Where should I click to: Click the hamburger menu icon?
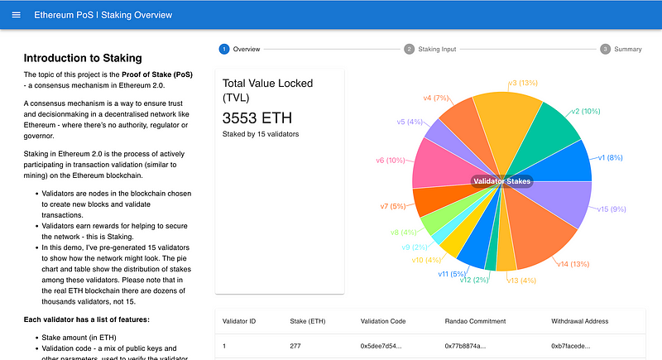pos(17,15)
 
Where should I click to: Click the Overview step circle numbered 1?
pos(224,49)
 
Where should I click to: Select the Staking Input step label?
pos(436,49)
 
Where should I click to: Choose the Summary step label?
pos(627,49)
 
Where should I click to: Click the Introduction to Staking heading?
pos(83,58)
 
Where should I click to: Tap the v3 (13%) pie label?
pos(523,84)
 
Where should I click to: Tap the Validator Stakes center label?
pos(501,180)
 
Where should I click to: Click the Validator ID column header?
pos(241,320)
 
